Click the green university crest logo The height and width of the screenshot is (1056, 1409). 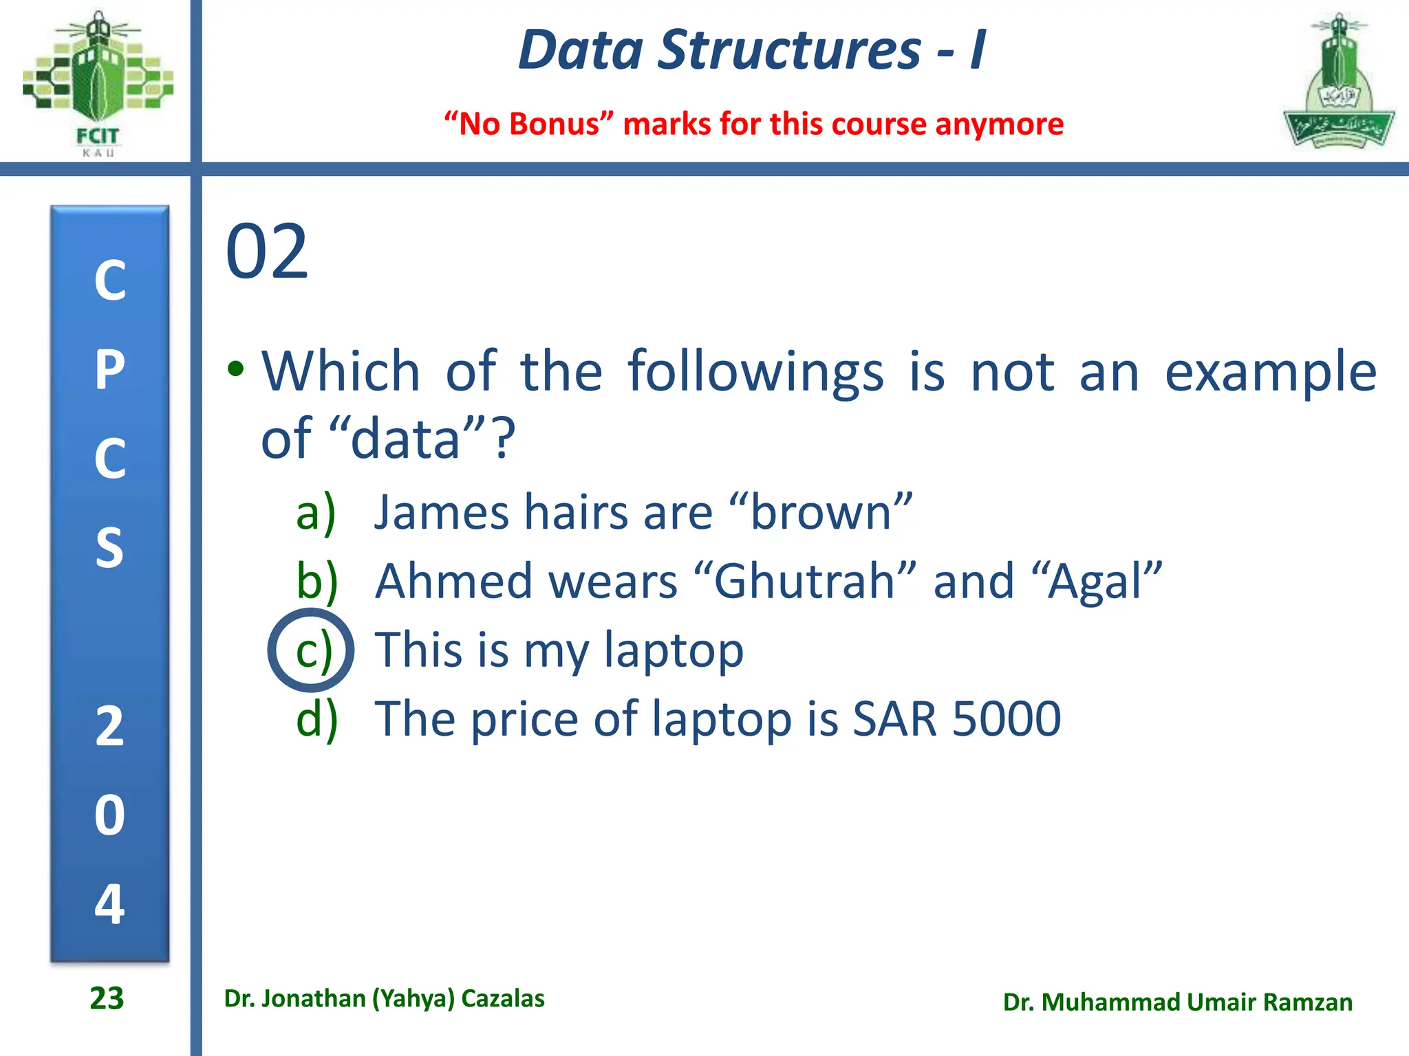[x=1338, y=82]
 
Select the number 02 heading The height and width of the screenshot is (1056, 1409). [x=267, y=253]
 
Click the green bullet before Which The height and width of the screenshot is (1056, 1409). [x=236, y=369]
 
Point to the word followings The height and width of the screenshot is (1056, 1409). [x=755, y=373]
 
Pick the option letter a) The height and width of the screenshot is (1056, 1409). [x=316, y=513]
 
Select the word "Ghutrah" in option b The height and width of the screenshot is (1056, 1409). [x=804, y=582]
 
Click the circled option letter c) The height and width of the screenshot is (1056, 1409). [x=312, y=650]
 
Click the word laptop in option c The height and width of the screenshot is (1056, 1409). [x=674, y=650]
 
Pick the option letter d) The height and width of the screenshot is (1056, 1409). [x=317, y=719]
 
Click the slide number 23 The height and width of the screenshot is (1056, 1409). [x=107, y=998]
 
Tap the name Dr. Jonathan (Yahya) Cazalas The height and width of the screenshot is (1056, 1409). [x=384, y=998]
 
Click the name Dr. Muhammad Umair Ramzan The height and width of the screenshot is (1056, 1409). [x=1177, y=1002]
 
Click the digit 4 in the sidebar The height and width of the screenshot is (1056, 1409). [x=109, y=903]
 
